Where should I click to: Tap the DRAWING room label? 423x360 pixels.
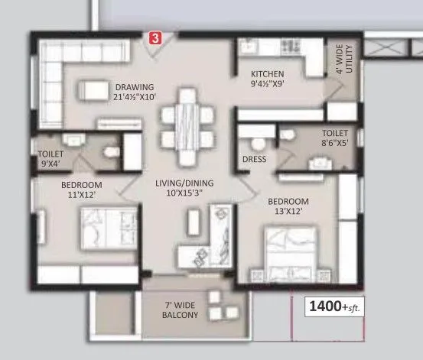pos(135,86)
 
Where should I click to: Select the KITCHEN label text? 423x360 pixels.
pos(268,74)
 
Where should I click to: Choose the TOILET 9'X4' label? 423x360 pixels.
pos(50,157)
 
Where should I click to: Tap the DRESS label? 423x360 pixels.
pos(253,161)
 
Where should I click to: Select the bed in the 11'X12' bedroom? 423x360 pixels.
pos(102,227)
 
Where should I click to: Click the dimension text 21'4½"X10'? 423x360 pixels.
pos(135,97)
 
